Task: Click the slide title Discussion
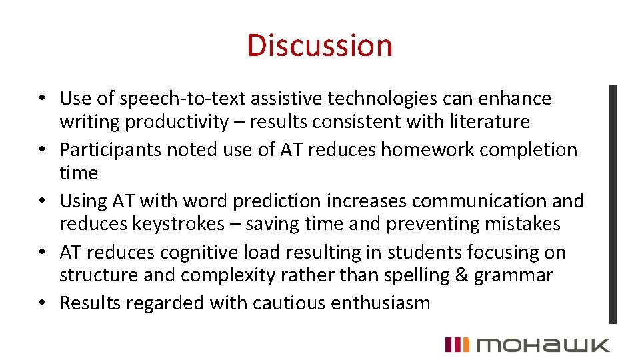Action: click(319, 45)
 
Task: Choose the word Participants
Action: click(110, 149)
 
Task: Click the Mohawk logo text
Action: click(543, 345)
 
